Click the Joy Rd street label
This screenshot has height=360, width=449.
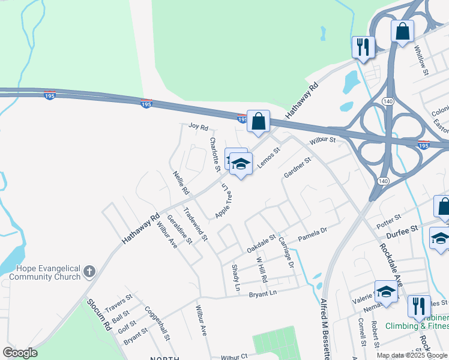click(197, 127)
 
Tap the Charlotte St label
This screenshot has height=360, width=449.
click(214, 152)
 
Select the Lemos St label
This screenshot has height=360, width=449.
click(268, 157)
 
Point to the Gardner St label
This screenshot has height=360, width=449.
click(298, 167)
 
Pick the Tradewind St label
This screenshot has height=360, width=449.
click(195, 224)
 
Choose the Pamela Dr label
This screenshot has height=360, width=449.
click(313, 234)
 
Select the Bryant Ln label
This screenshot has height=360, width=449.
click(262, 293)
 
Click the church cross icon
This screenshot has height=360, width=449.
click(89, 272)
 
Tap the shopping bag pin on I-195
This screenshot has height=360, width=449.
click(258, 122)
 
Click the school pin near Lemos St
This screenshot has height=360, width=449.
click(241, 163)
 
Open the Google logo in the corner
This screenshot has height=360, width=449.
click(20, 353)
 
